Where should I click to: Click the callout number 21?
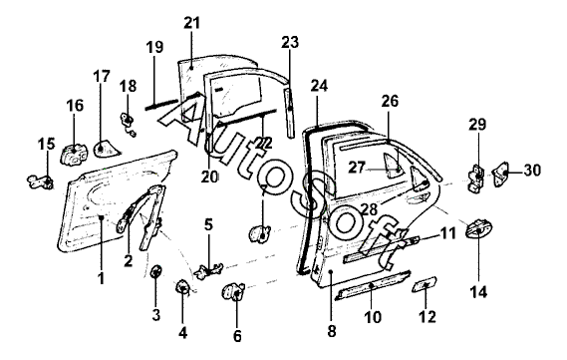191,23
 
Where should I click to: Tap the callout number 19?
154,47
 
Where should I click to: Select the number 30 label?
532,171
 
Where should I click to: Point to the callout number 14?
478,291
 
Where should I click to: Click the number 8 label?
331,331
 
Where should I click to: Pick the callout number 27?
357,168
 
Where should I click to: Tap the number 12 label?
427,317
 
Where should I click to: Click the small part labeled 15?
41,181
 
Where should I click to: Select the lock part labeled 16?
73,155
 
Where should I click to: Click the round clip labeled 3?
155,272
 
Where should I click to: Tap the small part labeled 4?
182,287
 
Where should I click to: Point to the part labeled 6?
233,291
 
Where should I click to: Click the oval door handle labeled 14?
479,228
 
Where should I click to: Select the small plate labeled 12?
425,284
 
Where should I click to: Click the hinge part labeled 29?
476,179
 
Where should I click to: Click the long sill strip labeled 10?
373,285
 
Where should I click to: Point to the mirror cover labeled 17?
107,149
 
